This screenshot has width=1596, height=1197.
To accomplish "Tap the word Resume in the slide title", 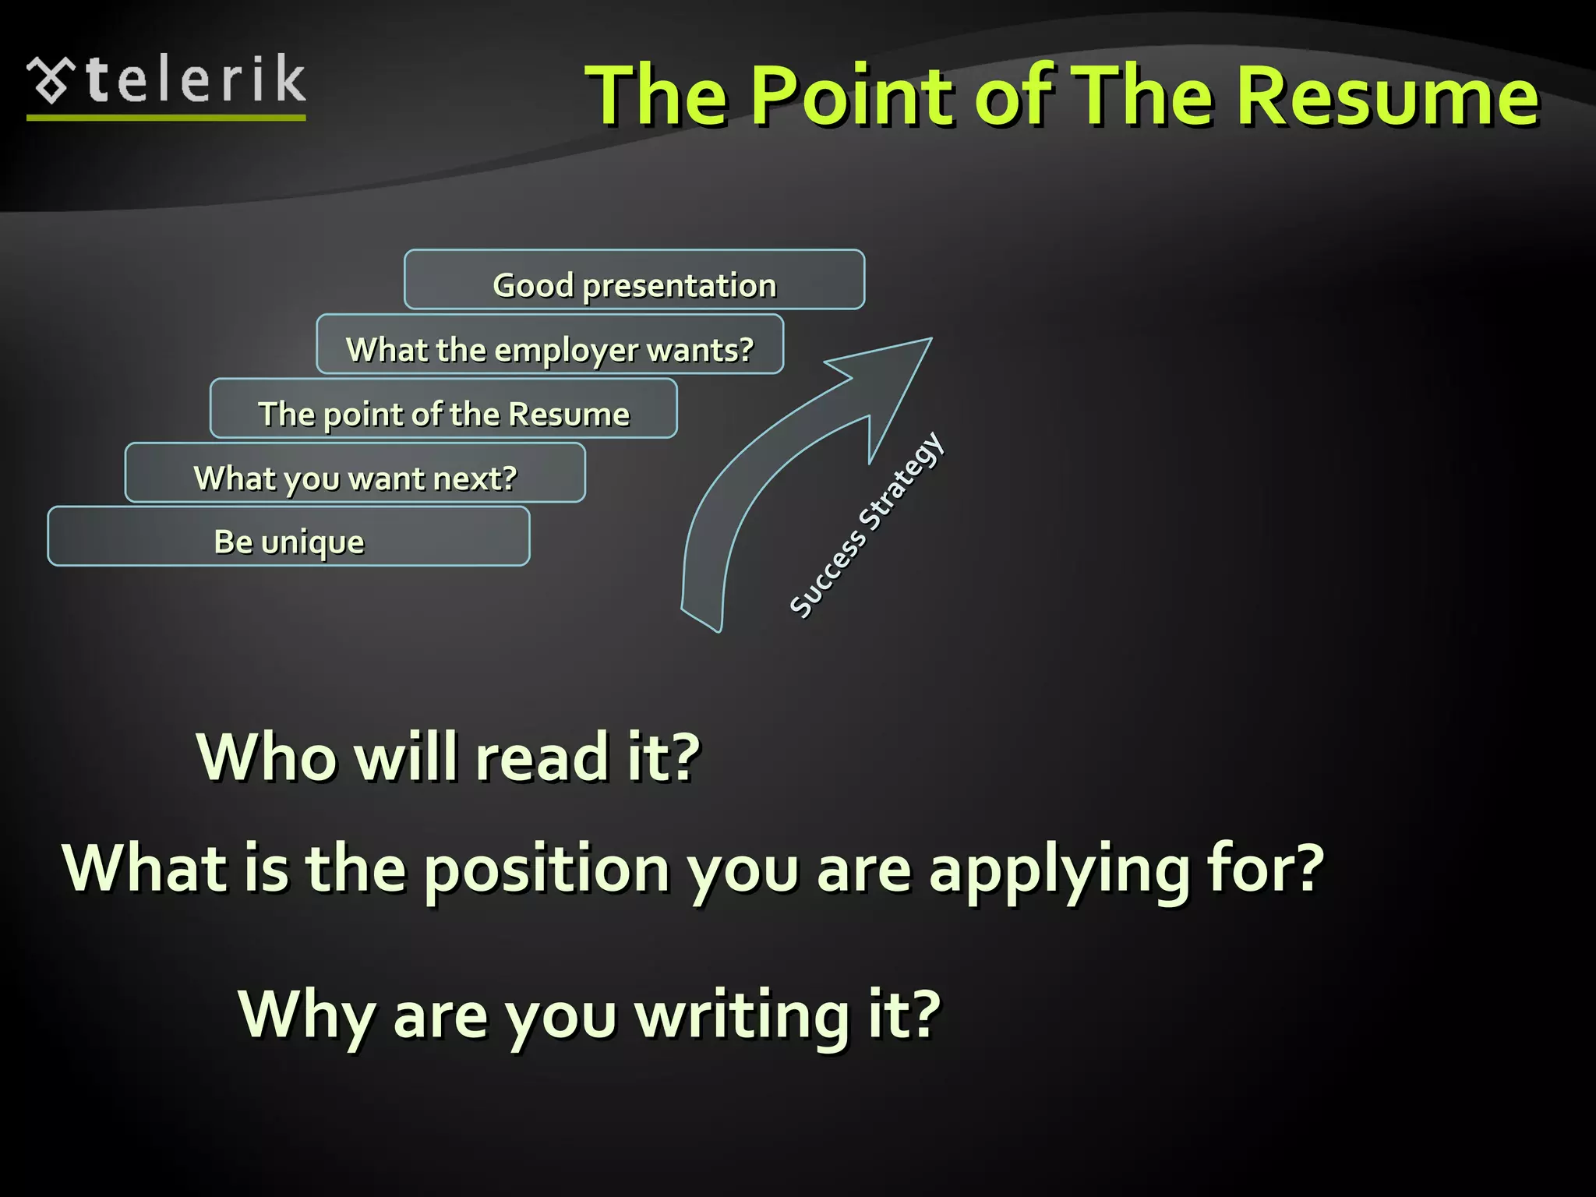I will pyautogui.click(x=1387, y=95).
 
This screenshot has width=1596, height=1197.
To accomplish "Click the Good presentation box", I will pyautogui.click(x=634, y=280).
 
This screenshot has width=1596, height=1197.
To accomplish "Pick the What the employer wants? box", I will pyautogui.click(x=549, y=344).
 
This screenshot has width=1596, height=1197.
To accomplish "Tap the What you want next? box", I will pyautogui.click(x=355, y=473).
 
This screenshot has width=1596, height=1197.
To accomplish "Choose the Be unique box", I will pyautogui.click(x=288, y=537).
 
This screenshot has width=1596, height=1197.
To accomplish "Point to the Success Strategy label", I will pyautogui.click(x=867, y=525).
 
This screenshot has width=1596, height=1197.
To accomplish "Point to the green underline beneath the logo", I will pyautogui.click(x=166, y=118).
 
